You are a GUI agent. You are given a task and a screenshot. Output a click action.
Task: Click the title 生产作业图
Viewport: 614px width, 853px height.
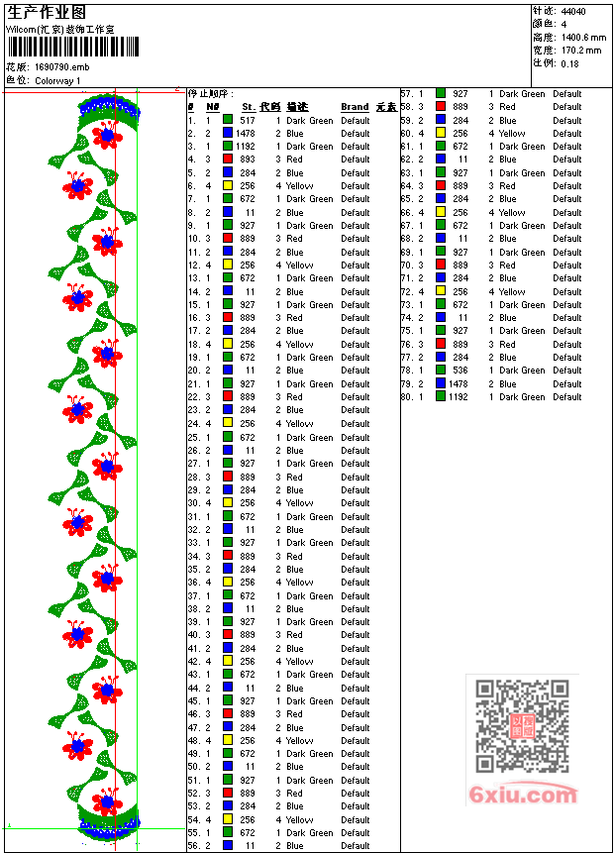point(47,13)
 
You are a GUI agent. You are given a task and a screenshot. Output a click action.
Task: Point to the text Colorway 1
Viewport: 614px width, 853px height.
point(58,80)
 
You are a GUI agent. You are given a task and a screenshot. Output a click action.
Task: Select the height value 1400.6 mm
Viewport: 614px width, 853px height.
point(581,37)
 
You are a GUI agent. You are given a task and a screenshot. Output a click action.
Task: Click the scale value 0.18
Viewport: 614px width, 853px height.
point(569,62)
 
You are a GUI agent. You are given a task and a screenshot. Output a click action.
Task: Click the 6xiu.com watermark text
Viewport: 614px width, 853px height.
point(523,795)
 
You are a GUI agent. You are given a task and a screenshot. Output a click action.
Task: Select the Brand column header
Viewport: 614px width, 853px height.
point(355,107)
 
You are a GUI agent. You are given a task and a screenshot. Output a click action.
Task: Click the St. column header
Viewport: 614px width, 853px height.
point(249,107)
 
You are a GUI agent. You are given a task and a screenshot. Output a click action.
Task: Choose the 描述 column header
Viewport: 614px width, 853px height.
point(297,107)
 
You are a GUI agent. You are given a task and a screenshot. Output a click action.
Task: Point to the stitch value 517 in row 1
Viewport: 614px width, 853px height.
point(248,120)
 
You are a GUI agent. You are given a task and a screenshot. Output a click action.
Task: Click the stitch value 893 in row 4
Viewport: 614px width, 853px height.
point(248,160)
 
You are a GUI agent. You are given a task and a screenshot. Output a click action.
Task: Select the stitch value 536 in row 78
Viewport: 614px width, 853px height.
point(460,371)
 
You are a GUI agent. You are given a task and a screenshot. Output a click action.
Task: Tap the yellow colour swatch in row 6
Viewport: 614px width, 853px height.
point(228,186)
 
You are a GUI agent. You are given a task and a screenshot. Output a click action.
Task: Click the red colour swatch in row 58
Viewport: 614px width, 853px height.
point(441,107)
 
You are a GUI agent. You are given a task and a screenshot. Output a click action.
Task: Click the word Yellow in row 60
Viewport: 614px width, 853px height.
point(512,134)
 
